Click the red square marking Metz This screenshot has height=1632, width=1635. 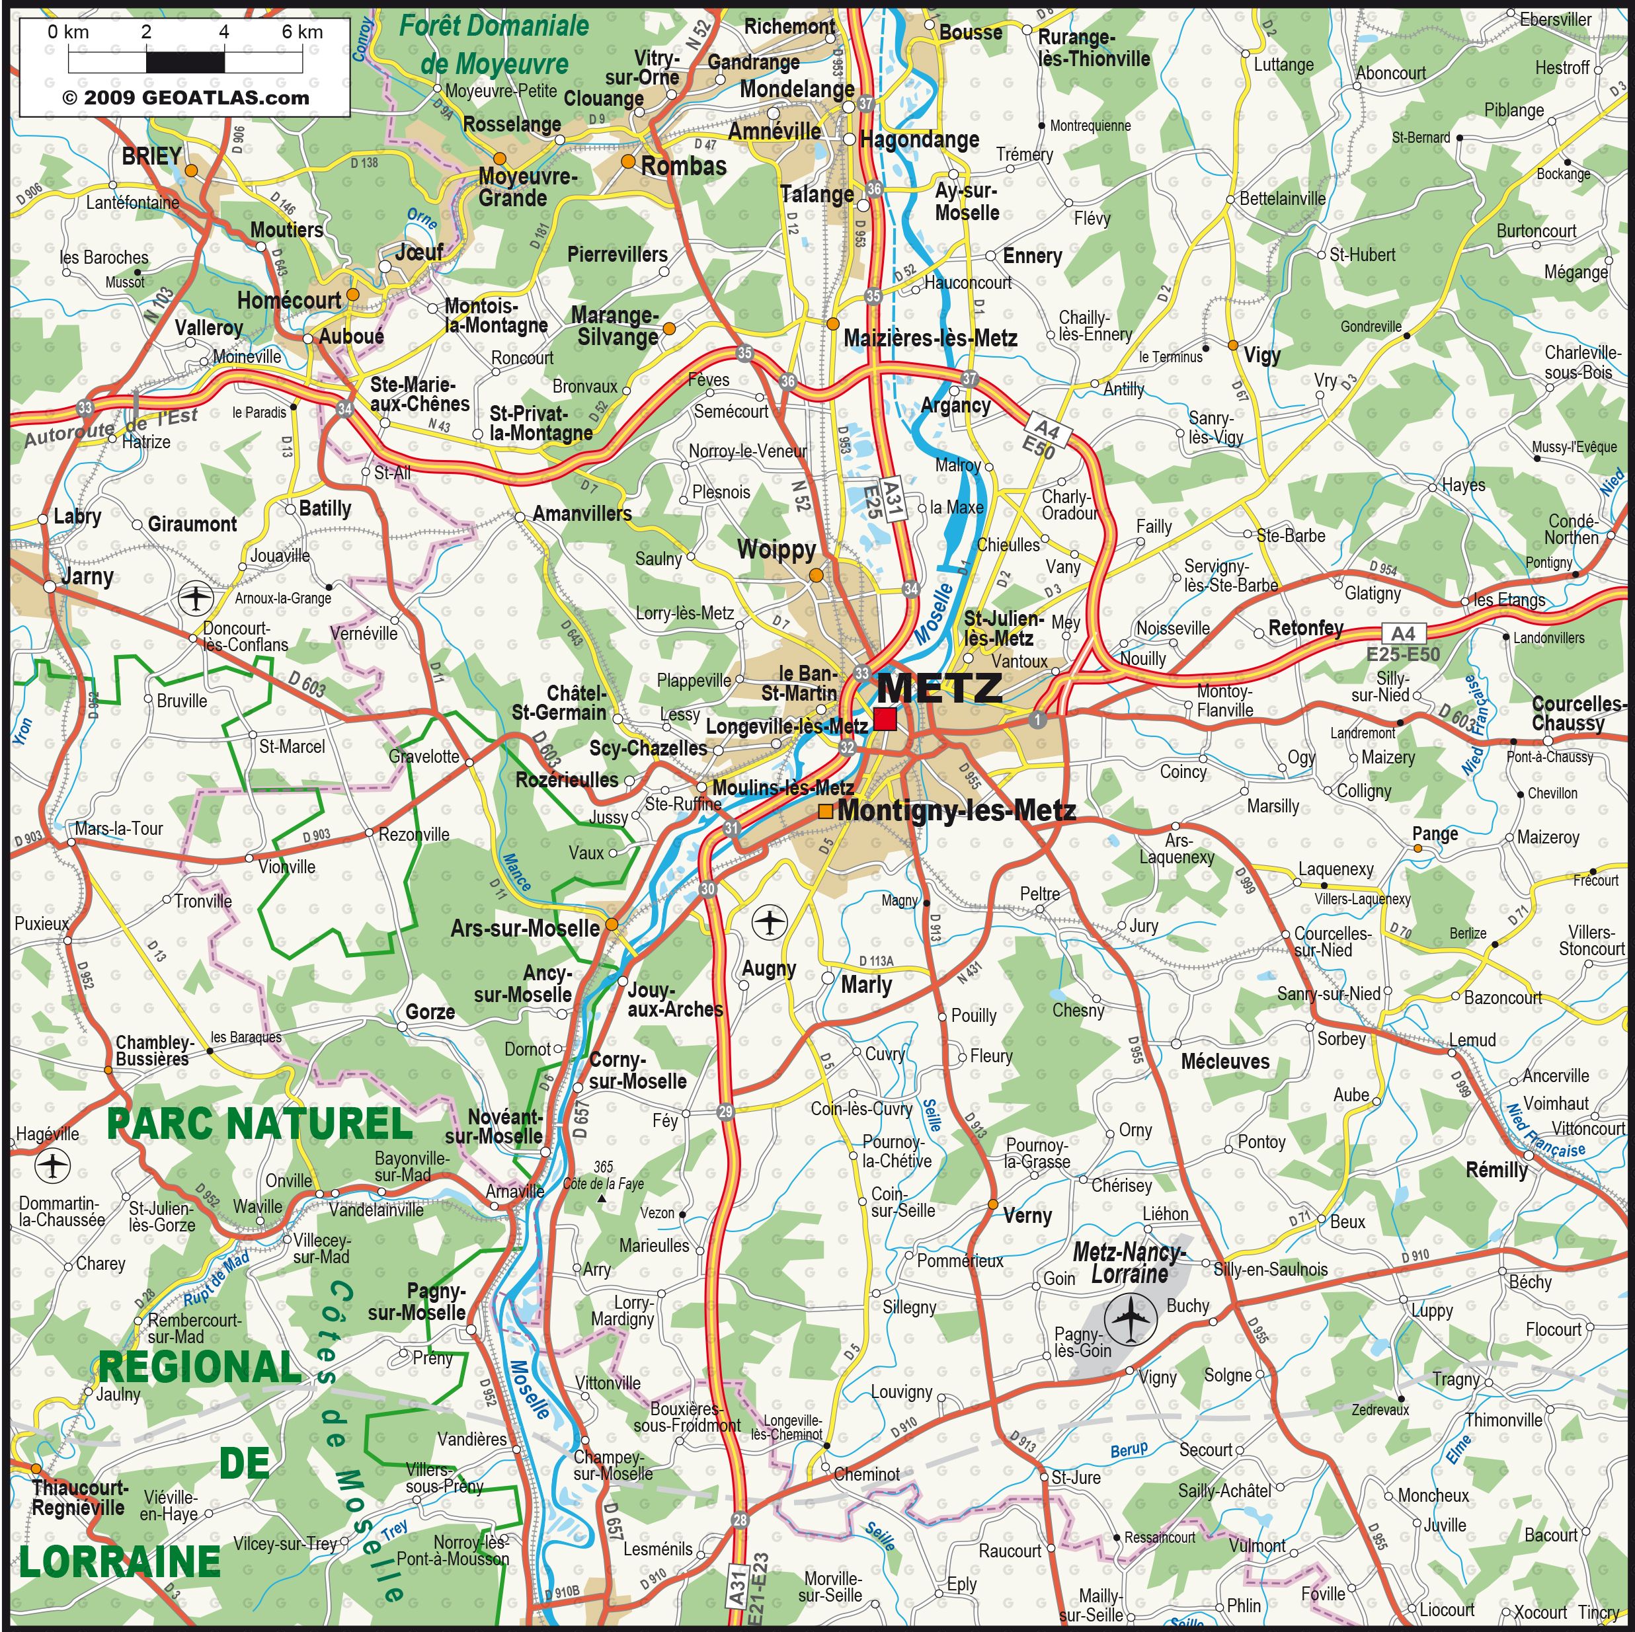point(885,719)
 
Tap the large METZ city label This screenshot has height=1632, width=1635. point(939,688)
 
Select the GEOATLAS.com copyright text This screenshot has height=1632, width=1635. point(185,97)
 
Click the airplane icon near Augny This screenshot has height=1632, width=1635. point(770,921)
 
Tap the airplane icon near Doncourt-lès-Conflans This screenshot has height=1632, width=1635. point(196,599)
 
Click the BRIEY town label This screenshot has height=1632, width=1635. point(151,157)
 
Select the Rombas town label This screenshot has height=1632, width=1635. point(683,167)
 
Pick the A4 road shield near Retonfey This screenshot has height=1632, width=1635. point(1402,634)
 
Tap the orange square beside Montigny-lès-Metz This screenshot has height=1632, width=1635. point(825,811)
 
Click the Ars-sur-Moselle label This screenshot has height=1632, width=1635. point(525,928)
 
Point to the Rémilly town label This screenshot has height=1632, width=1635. point(1496,1170)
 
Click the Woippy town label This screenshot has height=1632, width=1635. point(776,550)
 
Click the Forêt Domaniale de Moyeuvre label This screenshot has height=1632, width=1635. point(495,44)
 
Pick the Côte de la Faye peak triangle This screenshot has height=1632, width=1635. point(602,1200)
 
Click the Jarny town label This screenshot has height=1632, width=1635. point(87,577)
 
